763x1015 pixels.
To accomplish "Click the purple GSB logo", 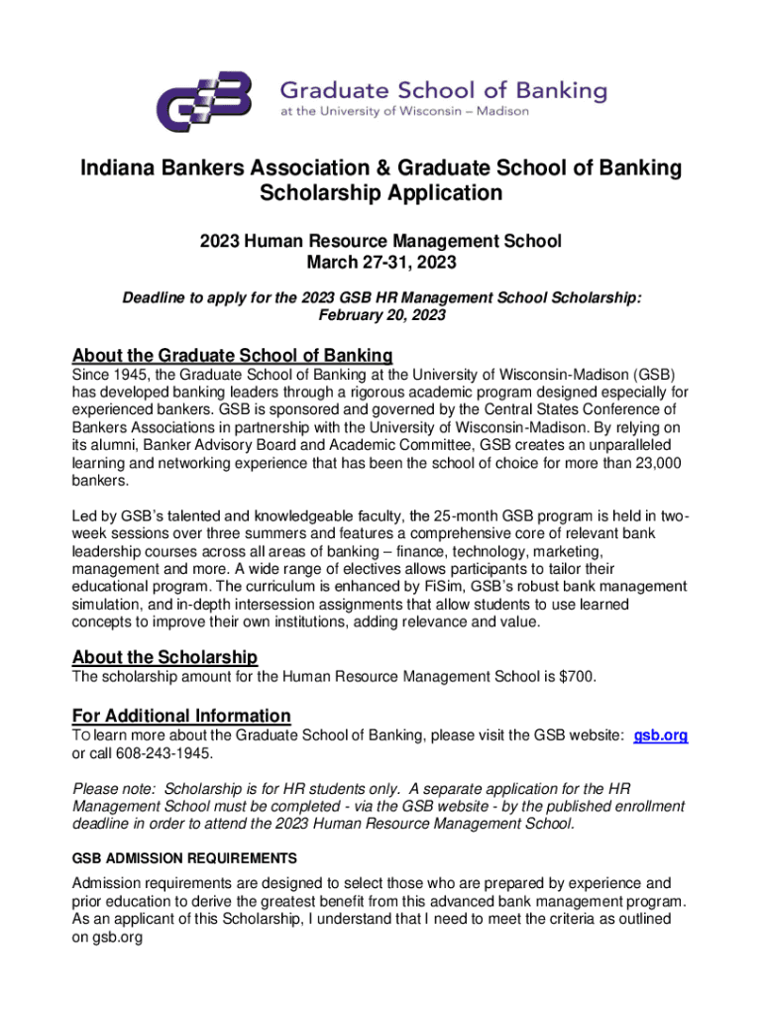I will (206, 102).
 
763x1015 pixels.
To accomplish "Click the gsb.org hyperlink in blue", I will (660, 735).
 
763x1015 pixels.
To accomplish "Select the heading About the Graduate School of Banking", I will (233, 356).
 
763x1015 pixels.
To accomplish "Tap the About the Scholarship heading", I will (164, 657).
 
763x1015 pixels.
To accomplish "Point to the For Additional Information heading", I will (181, 716).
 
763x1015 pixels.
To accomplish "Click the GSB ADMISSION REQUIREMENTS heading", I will (184, 857).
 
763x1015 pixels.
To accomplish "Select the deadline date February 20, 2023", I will (381, 315).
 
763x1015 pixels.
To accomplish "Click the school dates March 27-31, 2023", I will (381, 263).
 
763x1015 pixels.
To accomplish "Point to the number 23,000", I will (653, 463).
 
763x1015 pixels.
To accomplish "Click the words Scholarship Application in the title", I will (381, 193).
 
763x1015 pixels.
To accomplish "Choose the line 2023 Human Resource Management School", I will (381, 241).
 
